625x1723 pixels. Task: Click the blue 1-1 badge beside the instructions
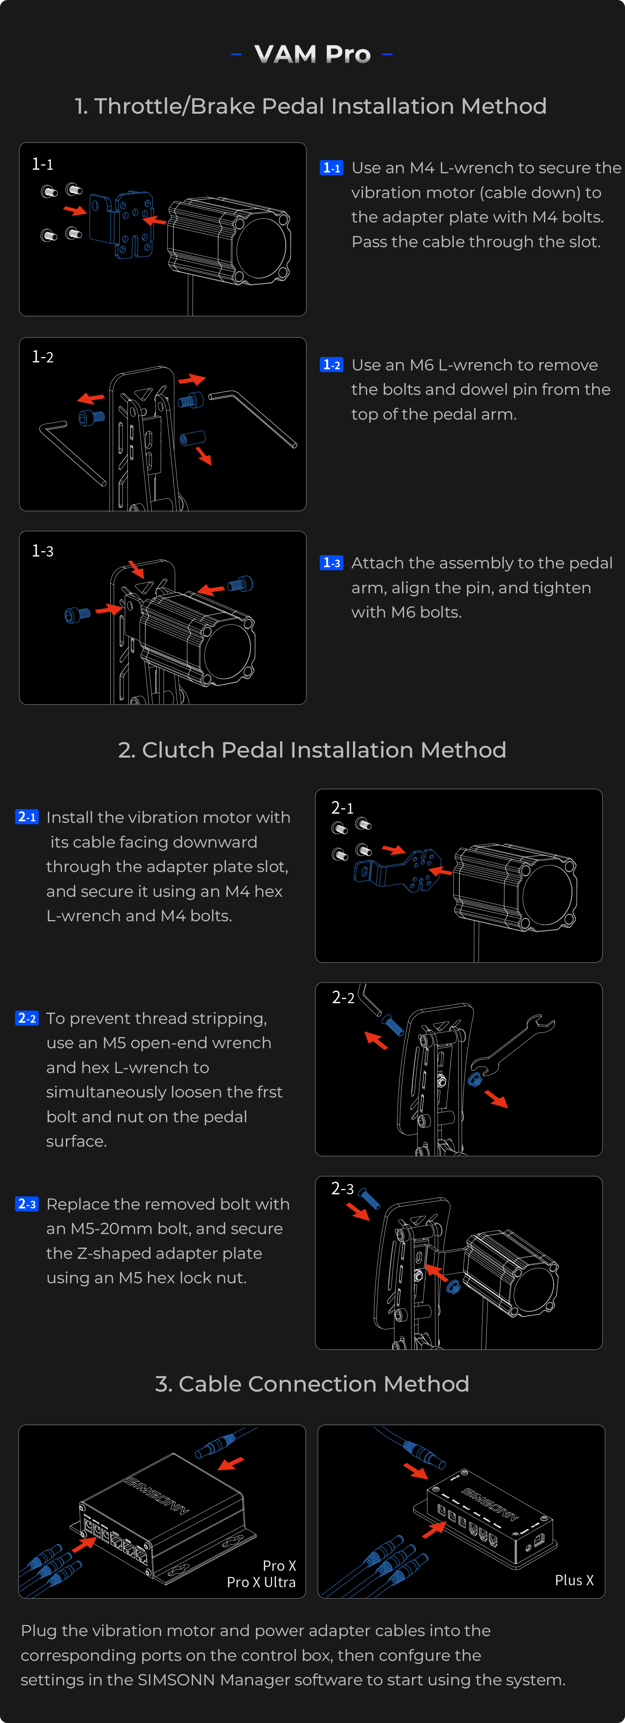(x=331, y=168)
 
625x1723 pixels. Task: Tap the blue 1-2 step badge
(x=331, y=365)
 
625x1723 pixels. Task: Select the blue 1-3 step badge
(x=331, y=563)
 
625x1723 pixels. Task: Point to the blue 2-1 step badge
(x=27, y=817)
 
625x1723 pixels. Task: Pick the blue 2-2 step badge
(x=27, y=1018)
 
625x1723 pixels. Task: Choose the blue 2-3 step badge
(x=27, y=1204)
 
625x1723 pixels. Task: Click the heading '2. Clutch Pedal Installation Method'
(x=312, y=750)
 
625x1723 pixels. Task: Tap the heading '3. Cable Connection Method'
(x=312, y=1383)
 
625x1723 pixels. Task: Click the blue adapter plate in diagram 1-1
(x=121, y=224)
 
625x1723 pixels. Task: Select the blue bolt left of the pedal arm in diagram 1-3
(x=77, y=614)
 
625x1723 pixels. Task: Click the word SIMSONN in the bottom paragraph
(x=177, y=1680)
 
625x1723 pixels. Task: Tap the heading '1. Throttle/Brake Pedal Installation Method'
(x=311, y=106)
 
